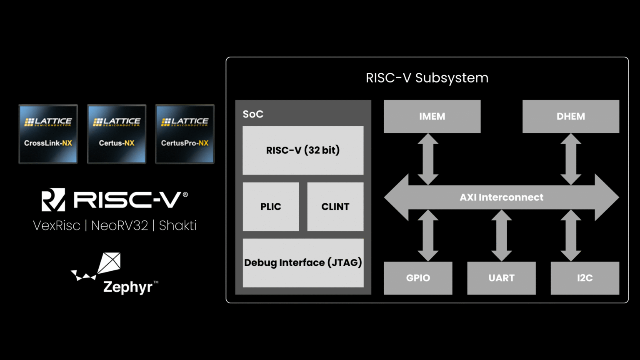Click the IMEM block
pyautogui.click(x=432, y=116)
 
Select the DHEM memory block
pyautogui.click(x=570, y=116)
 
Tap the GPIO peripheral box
pyautogui.click(x=418, y=278)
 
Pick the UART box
pyautogui.click(x=501, y=278)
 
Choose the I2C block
pyautogui.click(x=585, y=278)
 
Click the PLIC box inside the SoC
pyautogui.click(x=271, y=207)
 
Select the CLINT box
pyautogui.click(x=335, y=207)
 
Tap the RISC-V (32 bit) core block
pyautogui.click(x=303, y=150)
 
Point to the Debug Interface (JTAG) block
pyautogui.click(x=303, y=262)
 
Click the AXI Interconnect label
pyautogui.click(x=501, y=197)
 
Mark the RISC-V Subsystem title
pyautogui.click(x=427, y=78)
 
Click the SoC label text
pyautogui.click(x=253, y=114)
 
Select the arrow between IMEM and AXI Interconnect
pyautogui.click(x=428, y=159)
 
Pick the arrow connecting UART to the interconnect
pyautogui.click(x=501, y=236)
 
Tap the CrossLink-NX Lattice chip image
pyautogui.click(x=48, y=134)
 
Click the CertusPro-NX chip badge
pyautogui.click(x=185, y=134)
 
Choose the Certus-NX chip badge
pyautogui.click(x=117, y=134)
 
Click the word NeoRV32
pyautogui.click(x=120, y=225)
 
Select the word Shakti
pyautogui.click(x=177, y=225)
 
